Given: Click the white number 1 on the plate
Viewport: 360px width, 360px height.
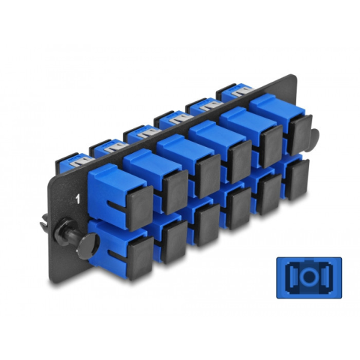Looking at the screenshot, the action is [x=78, y=199].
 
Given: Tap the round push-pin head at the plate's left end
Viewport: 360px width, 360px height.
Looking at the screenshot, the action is [x=88, y=246].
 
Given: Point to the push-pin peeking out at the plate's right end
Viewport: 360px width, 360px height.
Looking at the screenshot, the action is [x=313, y=139].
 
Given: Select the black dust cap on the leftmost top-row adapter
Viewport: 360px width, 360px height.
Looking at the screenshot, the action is [x=139, y=208].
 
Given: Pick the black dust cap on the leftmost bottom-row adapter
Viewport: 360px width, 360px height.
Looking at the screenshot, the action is [x=140, y=258].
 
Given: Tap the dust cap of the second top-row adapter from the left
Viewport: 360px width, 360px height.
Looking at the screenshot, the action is [x=175, y=191].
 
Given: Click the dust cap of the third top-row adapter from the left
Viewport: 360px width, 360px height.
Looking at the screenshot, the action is [x=207, y=176].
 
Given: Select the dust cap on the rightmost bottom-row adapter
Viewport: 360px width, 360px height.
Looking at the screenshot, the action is [x=297, y=180].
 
